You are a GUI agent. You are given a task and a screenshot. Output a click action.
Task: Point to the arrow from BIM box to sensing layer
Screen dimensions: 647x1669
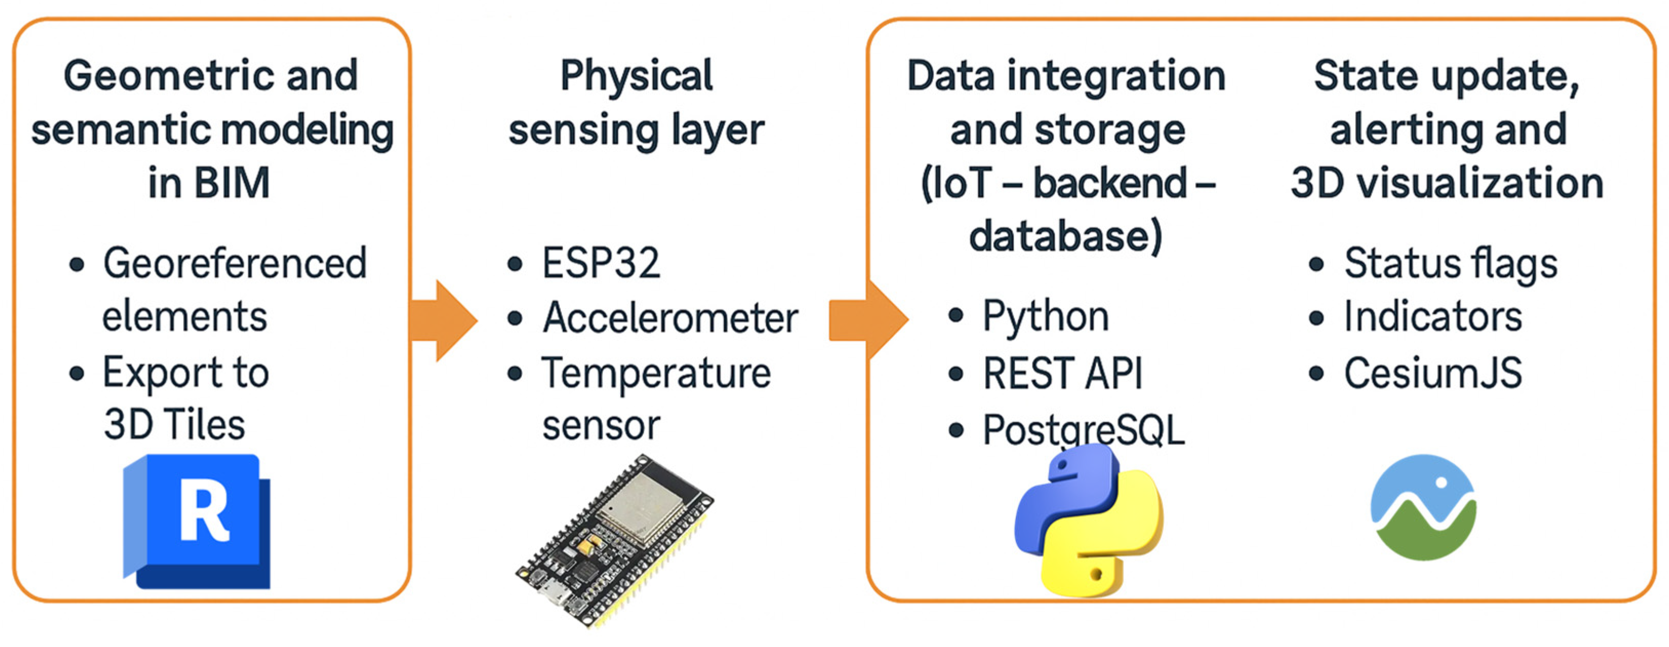(444, 320)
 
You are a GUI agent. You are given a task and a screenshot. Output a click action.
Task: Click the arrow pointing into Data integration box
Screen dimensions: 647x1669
(868, 320)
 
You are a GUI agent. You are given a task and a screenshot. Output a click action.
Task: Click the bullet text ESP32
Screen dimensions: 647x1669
(601, 263)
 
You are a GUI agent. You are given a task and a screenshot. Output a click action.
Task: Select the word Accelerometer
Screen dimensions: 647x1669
(670, 318)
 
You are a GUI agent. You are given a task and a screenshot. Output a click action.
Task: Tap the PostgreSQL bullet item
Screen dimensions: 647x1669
(1083, 429)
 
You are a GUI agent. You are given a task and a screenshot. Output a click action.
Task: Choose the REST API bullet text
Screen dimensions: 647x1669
(1063, 374)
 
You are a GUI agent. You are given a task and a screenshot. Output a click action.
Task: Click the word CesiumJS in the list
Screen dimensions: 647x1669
(1433, 373)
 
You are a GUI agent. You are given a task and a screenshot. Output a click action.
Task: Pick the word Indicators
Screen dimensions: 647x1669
(1433, 317)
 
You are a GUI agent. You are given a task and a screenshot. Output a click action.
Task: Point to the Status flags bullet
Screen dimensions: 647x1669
(1451, 263)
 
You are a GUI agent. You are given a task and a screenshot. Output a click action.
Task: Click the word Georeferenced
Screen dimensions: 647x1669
(235, 263)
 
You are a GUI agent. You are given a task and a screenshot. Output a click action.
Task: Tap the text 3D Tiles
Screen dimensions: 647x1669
(174, 425)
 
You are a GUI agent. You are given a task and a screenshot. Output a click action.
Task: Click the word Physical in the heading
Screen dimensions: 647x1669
(636, 76)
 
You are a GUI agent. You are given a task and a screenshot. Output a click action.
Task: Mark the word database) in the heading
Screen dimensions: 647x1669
(1066, 236)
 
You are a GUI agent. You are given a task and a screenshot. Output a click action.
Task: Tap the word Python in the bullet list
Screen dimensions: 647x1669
(1046, 317)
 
